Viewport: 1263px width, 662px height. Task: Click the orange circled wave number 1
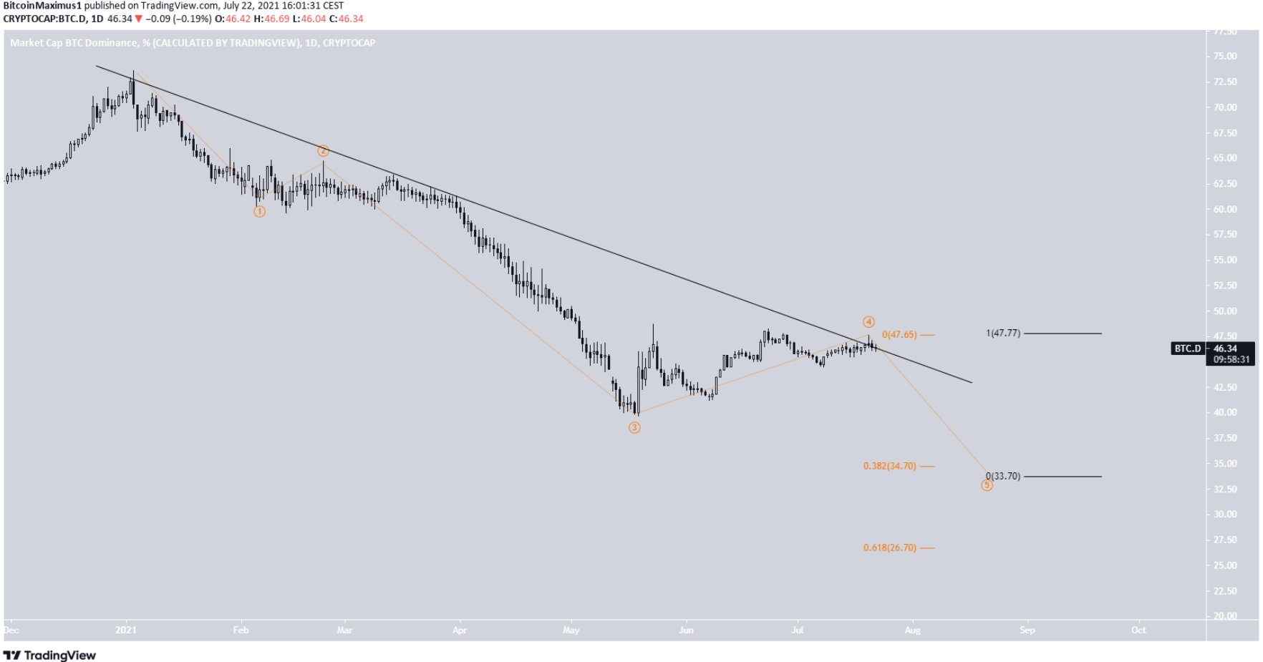point(259,212)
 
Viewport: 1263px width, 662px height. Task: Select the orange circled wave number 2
point(324,151)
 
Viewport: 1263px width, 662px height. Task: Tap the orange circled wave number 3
point(634,428)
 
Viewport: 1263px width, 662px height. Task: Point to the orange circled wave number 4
point(868,322)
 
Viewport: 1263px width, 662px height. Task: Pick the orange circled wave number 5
point(987,486)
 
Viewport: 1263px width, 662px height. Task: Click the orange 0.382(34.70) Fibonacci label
point(889,467)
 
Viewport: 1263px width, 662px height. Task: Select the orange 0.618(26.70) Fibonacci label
point(889,548)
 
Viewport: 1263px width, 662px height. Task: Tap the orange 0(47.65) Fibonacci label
point(899,335)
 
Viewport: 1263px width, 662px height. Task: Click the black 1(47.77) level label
point(1003,334)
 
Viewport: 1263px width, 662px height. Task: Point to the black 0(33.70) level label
point(1003,477)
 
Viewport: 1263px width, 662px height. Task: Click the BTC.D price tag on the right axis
point(1187,349)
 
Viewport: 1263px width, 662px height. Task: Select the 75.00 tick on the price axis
point(1225,57)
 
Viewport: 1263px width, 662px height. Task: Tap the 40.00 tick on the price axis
point(1225,413)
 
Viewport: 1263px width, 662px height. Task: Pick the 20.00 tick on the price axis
point(1225,616)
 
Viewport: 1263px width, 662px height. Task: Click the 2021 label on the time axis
point(126,631)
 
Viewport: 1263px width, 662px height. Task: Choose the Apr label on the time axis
point(460,631)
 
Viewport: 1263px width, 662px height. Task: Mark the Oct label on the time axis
point(1138,631)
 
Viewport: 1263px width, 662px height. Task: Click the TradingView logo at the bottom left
point(50,656)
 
